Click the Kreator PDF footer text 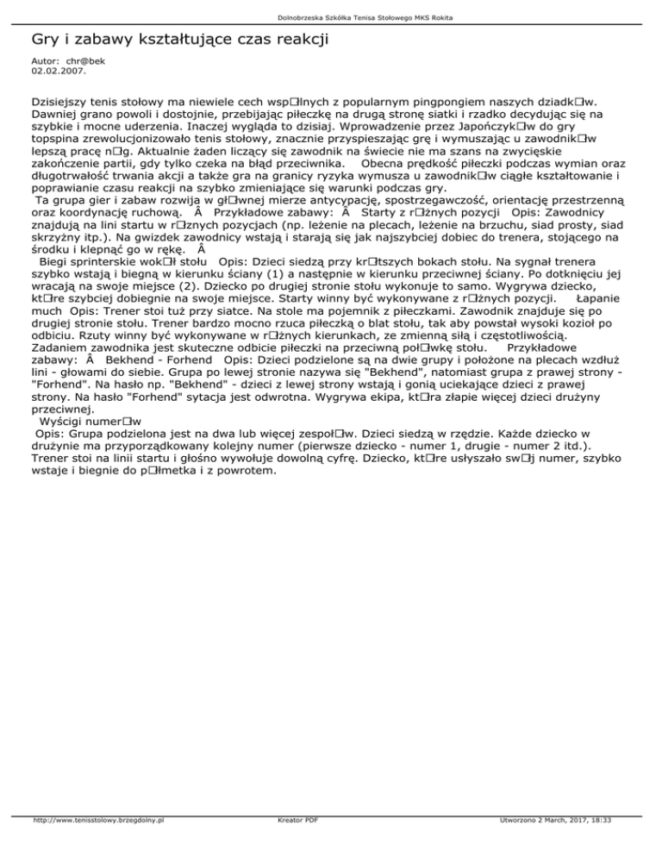[294, 847]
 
